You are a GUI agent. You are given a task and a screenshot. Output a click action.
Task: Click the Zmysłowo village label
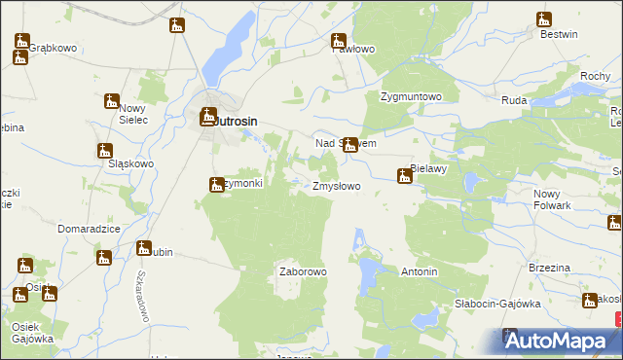336,185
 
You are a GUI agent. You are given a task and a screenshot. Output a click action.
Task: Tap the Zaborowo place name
303,271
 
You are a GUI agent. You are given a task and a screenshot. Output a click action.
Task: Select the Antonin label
419,271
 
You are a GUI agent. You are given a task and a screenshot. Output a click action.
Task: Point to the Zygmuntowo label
411,97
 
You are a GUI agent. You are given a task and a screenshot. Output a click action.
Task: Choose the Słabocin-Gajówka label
497,304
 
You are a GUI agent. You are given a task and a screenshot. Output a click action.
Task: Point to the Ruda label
514,100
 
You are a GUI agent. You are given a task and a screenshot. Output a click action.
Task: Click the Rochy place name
594,76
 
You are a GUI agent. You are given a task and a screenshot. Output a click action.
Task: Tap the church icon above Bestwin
543,19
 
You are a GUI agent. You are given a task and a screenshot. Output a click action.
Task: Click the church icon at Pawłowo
338,41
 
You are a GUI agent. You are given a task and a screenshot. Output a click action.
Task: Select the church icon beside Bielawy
403,176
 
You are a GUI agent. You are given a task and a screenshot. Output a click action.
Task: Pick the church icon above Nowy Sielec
111,99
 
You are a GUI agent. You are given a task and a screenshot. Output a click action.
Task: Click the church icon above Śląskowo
103,150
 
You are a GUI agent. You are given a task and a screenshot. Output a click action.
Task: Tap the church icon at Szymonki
216,184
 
